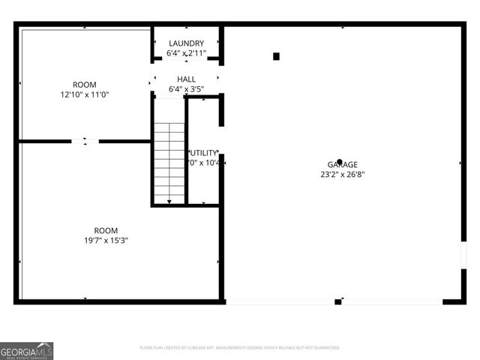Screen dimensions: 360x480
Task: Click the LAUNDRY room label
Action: tap(186, 43)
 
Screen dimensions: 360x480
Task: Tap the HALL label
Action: tap(186, 79)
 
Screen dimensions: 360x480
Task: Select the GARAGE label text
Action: tap(342, 165)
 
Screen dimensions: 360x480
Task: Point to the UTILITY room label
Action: tap(204, 152)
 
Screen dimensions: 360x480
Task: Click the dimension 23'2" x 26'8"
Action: tap(342, 175)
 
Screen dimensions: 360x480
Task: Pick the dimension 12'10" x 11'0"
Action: tap(85, 94)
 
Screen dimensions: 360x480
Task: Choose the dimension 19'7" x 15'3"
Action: tap(106, 240)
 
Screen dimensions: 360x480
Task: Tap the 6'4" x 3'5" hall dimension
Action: tap(186, 88)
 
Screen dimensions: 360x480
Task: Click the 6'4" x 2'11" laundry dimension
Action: tap(186, 53)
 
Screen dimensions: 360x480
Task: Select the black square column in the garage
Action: tap(276, 56)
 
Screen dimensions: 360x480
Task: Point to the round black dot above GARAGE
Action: tap(340, 160)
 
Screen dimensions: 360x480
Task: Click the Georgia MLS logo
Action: tap(27, 350)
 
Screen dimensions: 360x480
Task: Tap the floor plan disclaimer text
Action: tap(240, 348)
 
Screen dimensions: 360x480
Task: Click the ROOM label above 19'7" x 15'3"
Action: tap(106, 230)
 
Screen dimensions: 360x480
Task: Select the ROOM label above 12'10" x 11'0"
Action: tap(85, 85)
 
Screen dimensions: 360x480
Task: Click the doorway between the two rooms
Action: tap(85, 140)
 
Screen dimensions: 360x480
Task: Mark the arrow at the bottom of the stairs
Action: tap(169, 201)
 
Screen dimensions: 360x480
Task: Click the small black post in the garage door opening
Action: tap(337, 301)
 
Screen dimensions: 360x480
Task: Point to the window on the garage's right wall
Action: tap(463, 255)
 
